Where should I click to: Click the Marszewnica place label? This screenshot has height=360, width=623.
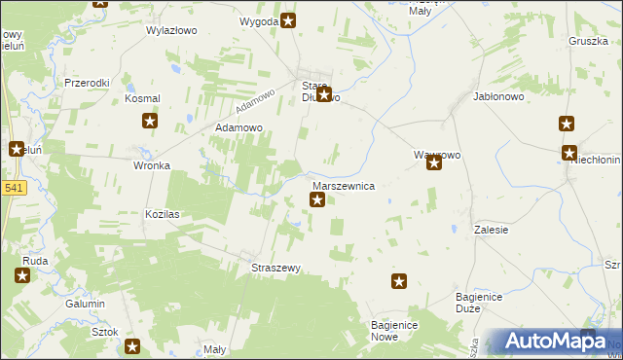pyautogui.click(x=344, y=185)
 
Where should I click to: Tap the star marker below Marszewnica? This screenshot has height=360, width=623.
pyautogui.click(x=317, y=200)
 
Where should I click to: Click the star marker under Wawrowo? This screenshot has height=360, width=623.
pyautogui.click(x=434, y=163)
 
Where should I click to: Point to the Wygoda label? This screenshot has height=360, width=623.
pyautogui.click(x=259, y=20)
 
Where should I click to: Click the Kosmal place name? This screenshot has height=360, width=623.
pyautogui.click(x=142, y=99)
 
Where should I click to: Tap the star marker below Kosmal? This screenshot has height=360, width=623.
pyautogui.click(x=150, y=121)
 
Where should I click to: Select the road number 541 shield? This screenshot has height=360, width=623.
pyautogui.click(x=12, y=188)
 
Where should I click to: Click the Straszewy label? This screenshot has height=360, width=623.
pyautogui.click(x=277, y=268)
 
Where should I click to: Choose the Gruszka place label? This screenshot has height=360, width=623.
pyautogui.click(x=588, y=41)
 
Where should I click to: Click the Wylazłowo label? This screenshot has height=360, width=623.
pyautogui.click(x=171, y=30)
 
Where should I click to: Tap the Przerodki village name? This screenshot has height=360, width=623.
pyautogui.click(x=87, y=83)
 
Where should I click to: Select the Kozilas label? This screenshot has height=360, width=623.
pyautogui.click(x=164, y=213)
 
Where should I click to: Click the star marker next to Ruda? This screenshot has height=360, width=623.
pyautogui.click(x=21, y=275)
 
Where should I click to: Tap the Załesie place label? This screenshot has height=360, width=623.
pyautogui.click(x=493, y=229)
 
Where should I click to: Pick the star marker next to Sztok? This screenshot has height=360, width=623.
pyautogui.click(x=132, y=345)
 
